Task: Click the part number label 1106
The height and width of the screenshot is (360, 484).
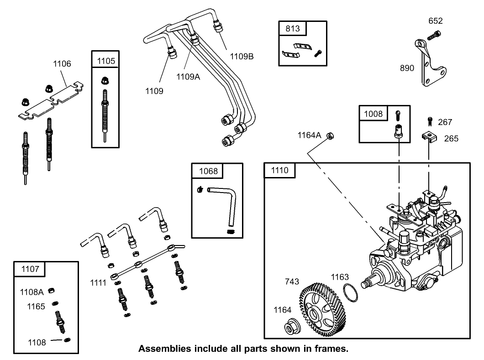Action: click(x=62, y=64)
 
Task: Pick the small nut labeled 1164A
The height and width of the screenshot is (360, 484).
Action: click(x=333, y=135)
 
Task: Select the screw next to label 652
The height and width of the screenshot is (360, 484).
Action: click(x=434, y=35)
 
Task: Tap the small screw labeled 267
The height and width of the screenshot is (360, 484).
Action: click(x=430, y=121)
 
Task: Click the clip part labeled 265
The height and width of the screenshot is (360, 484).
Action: click(x=429, y=136)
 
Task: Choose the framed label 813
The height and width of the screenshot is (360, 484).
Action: click(x=293, y=28)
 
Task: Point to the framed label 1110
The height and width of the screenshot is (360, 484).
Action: click(x=279, y=170)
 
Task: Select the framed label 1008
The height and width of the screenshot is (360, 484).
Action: click(x=373, y=113)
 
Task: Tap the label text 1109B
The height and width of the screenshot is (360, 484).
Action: click(x=242, y=57)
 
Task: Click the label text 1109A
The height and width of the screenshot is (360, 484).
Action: click(x=188, y=77)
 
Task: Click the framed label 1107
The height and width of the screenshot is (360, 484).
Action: click(x=30, y=269)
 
